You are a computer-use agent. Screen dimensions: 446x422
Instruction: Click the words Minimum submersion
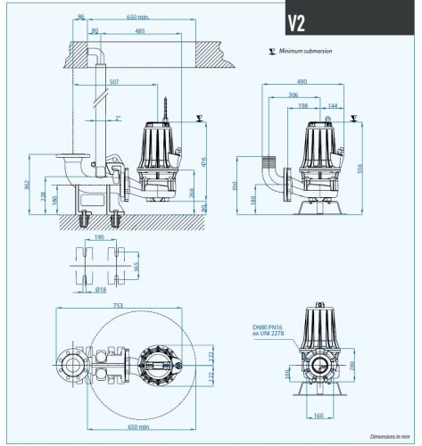(305, 52)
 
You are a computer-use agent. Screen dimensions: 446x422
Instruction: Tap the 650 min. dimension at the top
(137, 18)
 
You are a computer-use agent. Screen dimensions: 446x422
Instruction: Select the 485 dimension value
(140, 31)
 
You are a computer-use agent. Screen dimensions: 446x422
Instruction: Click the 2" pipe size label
(119, 118)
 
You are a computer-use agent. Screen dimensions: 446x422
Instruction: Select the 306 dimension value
(294, 95)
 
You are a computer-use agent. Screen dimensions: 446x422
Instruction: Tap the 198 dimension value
(303, 105)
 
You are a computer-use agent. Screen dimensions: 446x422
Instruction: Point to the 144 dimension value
(332, 105)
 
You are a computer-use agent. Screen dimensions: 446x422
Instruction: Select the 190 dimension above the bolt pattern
(99, 238)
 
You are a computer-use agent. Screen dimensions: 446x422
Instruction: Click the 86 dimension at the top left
(82, 18)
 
